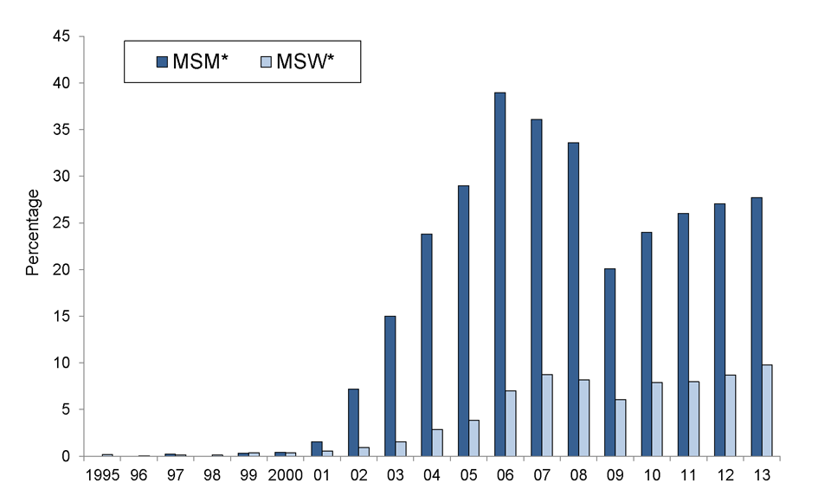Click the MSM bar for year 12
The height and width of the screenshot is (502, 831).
(x=719, y=330)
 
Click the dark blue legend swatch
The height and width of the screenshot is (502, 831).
(x=162, y=61)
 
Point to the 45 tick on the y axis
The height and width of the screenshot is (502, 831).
(x=64, y=36)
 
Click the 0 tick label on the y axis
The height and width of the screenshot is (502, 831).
(x=68, y=456)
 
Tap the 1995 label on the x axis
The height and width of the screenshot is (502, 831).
(x=102, y=475)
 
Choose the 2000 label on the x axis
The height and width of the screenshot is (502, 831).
(x=284, y=475)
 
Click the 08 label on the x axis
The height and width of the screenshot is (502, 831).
(x=577, y=475)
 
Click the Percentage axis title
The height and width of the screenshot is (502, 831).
(x=33, y=232)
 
